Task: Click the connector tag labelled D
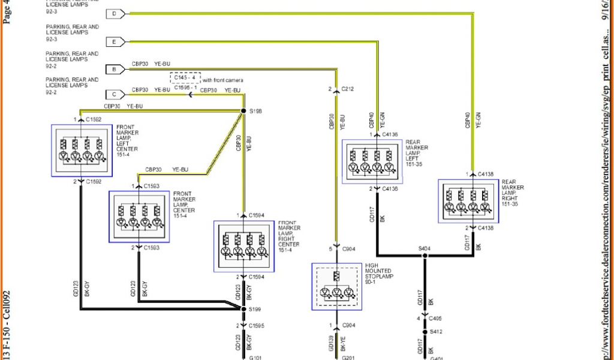tap(115, 13)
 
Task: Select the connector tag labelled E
tap(115, 41)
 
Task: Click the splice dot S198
tap(243, 111)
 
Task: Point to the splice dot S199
tap(243, 308)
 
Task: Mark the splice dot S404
tap(425, 255)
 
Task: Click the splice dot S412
tap(425, 331)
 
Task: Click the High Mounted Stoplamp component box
tap(336, 286)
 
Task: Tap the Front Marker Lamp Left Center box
tap(80, 150)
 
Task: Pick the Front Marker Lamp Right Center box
tap(243, 247)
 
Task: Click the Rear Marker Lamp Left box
tap(372, 161)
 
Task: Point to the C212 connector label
tap(348, 90)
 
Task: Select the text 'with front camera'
tap(223, 80)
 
